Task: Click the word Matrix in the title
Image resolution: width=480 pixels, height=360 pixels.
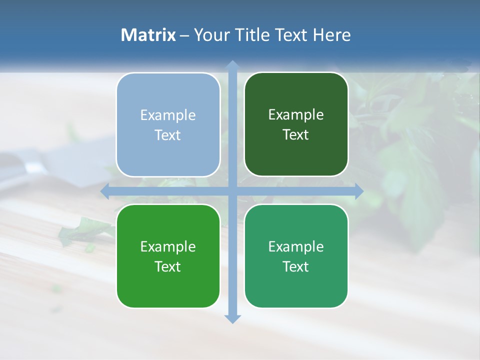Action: [148, 35]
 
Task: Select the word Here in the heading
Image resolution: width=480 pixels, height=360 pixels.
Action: [331, 35]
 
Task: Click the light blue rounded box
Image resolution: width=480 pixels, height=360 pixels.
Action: [168, 124]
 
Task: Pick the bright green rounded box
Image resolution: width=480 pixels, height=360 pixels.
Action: [168, 256]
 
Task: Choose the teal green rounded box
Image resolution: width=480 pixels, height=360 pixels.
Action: [296, 256]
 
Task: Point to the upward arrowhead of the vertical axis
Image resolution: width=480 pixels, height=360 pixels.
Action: [232, 65]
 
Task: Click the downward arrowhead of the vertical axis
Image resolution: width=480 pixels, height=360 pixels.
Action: [232, 318]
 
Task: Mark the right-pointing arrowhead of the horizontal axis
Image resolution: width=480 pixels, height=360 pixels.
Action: [358, 191]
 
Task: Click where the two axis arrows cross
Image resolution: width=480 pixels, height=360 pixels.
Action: [232, 191]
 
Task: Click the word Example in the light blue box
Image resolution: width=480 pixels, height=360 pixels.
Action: [168, 115]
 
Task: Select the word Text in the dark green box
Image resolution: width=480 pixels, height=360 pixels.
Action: [296, 134]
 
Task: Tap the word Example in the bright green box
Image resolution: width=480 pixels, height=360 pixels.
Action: [168, 246]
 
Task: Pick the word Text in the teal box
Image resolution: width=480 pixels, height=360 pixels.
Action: [296, 266]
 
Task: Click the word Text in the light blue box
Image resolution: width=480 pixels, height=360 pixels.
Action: [168, 135]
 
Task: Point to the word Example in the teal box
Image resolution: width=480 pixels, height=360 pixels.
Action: [296, 246]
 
